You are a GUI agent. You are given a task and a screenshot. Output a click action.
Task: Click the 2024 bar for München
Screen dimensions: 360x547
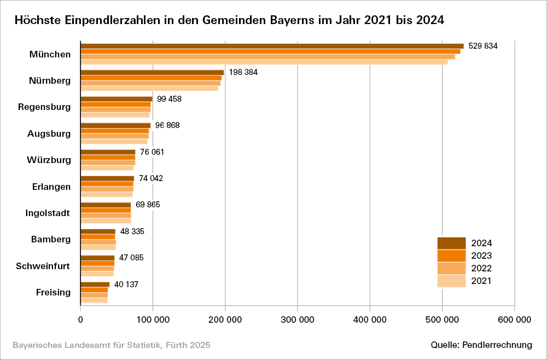pyautogui.click(x=272, y=46)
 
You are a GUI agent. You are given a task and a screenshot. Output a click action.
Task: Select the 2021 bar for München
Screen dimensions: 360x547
pyautogui.click(x=264, y=62)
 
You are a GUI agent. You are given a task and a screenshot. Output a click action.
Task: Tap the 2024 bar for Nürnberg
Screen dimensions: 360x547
pyautogui.click(x=152, y=72)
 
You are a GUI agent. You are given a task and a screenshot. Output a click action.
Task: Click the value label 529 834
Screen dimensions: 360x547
pyautogui.click(x=483, y=46)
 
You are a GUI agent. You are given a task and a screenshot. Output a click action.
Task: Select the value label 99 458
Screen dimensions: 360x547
pyautogui.click(x=169, y=99)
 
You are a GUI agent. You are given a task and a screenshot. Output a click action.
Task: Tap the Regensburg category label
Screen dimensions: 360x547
pyautogui.click(x=44, y=107)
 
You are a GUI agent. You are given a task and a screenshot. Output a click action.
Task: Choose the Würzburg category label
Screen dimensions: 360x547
pyautogui.click(x=49, y=160)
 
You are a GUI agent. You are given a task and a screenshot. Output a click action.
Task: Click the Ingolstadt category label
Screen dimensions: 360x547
pyautogui.click(x=48, y=213)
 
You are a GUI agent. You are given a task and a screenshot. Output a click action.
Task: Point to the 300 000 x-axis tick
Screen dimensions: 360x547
pyautogui.click(x=297, y=320)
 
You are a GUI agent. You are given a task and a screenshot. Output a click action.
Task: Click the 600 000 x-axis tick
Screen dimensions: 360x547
pyautogui.click(x=514, y=320)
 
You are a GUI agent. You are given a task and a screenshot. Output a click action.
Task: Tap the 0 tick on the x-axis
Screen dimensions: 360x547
pyautogui.click(x=80, y=320)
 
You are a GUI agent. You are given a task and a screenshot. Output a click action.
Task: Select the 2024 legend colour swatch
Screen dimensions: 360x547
pyautogui.click(x=451, y=243)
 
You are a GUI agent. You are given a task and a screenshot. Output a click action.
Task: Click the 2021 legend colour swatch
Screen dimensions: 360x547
pyautogui.click(x=451, y=281)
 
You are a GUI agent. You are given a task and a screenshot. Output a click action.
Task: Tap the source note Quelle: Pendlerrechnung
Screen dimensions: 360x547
pyautogui.click(x=481, y=345)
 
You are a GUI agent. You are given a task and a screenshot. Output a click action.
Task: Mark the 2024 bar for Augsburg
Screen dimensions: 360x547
pyautogui.click(x=115, y=125)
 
